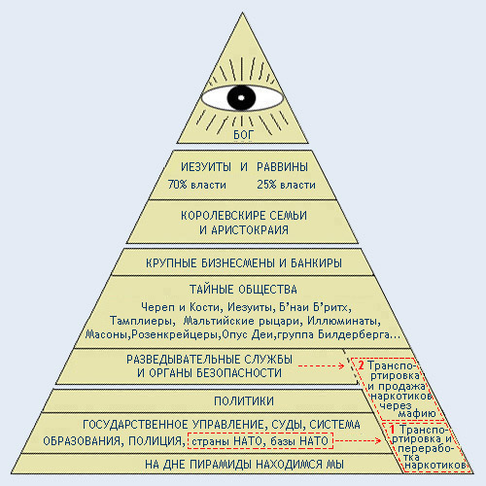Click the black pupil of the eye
[241, 98]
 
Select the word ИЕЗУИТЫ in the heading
[206, 167]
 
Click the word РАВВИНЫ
[282, 167]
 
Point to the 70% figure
[178, 185]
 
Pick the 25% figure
[266, 185]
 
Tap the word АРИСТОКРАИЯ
[250, 230]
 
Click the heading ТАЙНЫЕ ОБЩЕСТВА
[243, 290]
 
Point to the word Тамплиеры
[141, 321]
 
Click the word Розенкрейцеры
[175, 334]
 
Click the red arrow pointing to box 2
[321, 365]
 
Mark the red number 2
[361, 365]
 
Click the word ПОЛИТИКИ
[244, 401]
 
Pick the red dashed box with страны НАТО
[260, 440]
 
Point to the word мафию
[417, 413]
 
